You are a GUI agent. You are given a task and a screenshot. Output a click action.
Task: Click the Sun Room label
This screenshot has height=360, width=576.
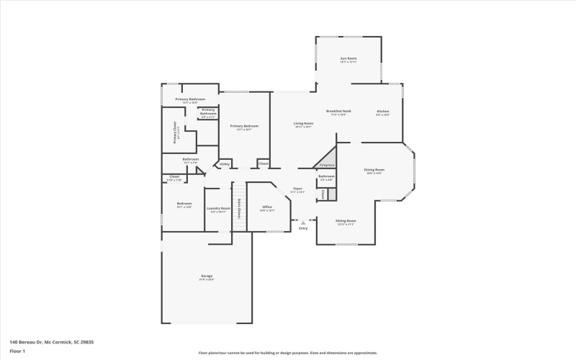pyautogui.click(x=348, y=59)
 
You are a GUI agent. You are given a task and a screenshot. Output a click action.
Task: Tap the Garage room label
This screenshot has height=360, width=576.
pyautogui.click(x=207, y=277)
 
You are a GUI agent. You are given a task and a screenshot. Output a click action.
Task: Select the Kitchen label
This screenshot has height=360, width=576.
pyautogui.click(x=383, y=112)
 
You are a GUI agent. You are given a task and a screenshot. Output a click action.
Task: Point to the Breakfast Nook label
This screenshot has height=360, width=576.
pyautogui.click(x=338, y=112)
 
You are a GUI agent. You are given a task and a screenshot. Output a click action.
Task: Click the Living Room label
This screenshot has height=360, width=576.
pyautogui.click(x=303, y=125)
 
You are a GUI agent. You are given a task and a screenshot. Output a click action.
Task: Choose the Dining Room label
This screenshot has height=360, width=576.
pyautogui.click(x=374, y=171)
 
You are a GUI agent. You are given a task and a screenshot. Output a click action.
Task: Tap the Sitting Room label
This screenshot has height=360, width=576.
pyautogui.click(x=346, y=222)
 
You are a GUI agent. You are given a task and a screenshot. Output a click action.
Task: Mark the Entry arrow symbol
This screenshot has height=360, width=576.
pyautogui.click(x=303, y=223)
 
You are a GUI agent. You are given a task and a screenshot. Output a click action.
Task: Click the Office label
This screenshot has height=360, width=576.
pyautogui.click(x=267, y=208)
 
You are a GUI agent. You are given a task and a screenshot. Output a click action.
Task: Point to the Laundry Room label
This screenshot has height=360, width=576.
pyautogui.click(x=218, y=210)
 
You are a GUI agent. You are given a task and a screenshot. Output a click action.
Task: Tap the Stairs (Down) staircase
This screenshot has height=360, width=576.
pyautogui.click(x=239, y=207)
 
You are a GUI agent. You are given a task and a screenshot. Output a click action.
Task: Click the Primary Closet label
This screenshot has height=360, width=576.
pyautogui.click(x=175, y=132)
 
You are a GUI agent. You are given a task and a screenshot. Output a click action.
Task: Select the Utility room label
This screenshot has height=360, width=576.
pyautogui.click(x=224, y=164)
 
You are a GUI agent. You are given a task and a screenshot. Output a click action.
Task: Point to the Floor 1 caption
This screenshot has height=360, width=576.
pyautogui.click(x=18, y=351)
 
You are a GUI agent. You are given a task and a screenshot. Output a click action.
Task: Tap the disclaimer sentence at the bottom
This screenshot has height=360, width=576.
pyautogui.click(x=288, y=353)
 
